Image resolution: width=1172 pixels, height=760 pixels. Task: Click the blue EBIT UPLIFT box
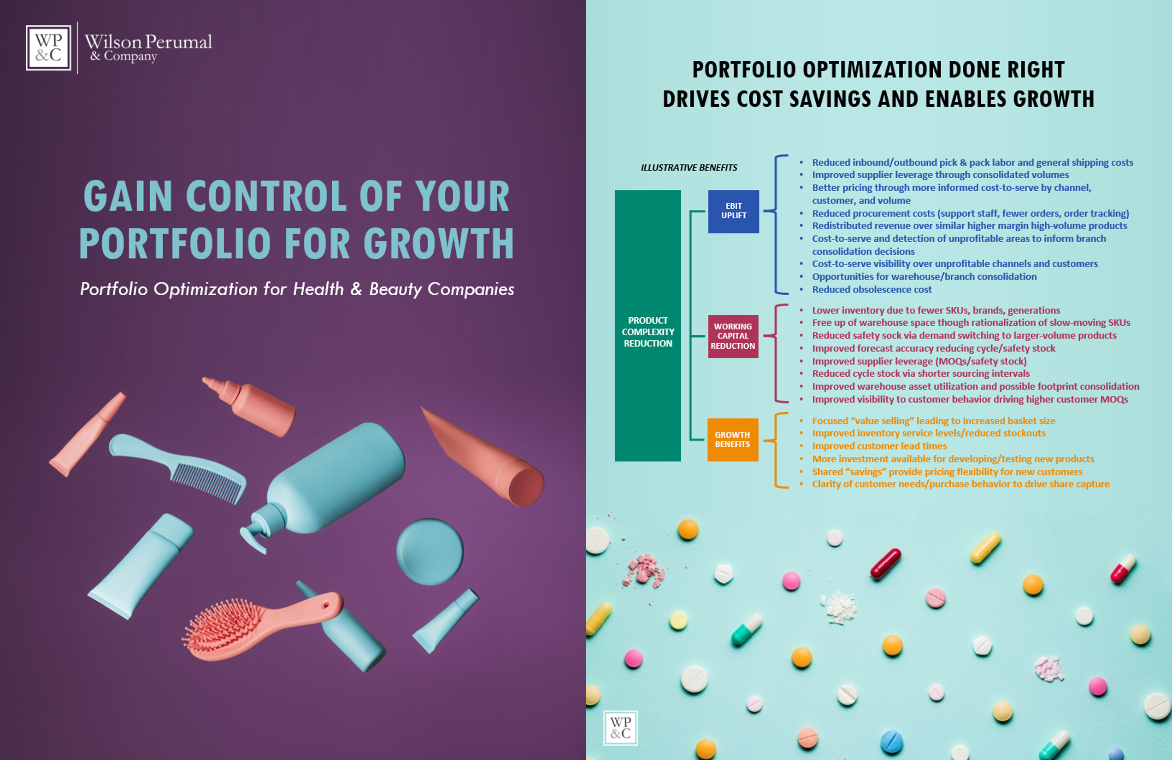(733, 211)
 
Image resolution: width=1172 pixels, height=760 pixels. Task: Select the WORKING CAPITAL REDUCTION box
(733, 336)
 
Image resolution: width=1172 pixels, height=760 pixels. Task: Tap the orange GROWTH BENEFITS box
(732, 439)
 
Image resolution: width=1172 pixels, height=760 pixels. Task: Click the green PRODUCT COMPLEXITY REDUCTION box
(648, 326)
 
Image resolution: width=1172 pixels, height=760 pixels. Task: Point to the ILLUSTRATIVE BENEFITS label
(689, 168)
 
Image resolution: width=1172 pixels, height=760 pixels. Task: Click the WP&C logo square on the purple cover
(48, 48)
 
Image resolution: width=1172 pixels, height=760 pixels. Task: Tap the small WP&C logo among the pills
(620, 727)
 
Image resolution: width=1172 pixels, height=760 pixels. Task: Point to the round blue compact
(430, 551)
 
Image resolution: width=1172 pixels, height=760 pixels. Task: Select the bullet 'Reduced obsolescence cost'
(872, 289)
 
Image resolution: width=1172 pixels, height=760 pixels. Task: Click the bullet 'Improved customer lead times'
(879, 446)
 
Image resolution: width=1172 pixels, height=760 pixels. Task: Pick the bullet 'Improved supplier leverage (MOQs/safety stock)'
(919, 361)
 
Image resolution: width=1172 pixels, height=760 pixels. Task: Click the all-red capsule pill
(885, 564)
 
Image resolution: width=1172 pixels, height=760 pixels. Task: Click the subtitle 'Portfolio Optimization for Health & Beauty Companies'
(297, 289)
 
